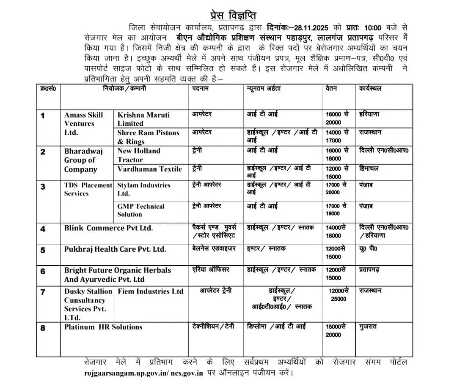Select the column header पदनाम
[x=200, y=89]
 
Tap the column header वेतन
[x=331, y=89]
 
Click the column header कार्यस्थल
[x=370, y=89]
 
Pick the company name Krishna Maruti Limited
[x=143, y=119]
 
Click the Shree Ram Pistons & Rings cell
[x=148, y=137]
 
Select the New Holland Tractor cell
[x=139, y=155]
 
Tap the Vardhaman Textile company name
[x=149, y=169]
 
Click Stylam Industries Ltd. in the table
[x=144, y=189]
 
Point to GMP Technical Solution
[x=141, y=210]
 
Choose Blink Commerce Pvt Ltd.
[x=108, y=228]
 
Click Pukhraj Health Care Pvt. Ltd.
[x=115, y=249]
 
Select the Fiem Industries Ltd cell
[x=151, y=291]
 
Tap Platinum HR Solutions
[x=103, y=327]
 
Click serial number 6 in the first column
[x=43, y=271]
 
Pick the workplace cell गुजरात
[x=368, y=327]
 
